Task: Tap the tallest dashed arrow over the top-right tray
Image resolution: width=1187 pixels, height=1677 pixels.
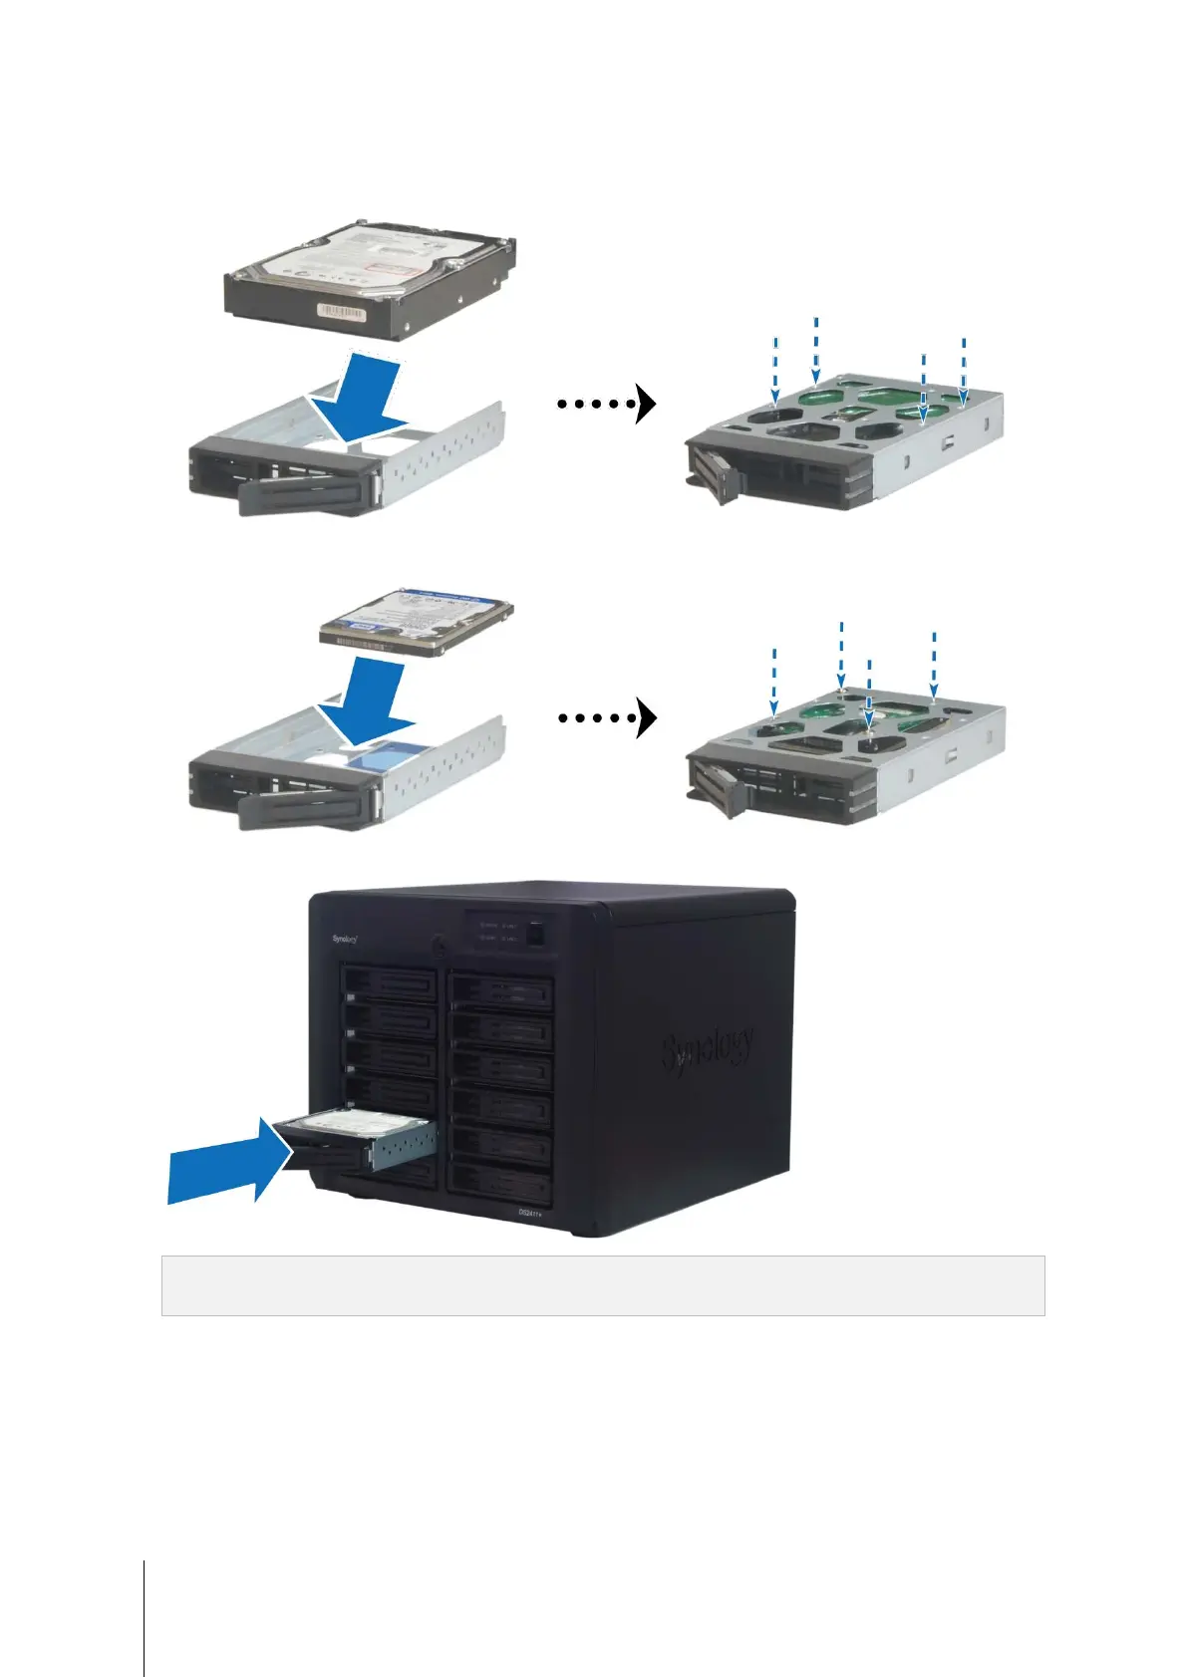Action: click(x=816, y=349)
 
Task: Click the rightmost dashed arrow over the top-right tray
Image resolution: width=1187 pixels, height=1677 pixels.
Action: click(x=964, y=371)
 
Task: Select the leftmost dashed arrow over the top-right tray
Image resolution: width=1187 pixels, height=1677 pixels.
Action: click(x=775, y=373)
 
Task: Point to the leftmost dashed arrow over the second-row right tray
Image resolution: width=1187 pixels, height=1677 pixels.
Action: click(x=774, y=683)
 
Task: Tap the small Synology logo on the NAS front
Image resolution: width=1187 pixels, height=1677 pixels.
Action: click(x=344, y=939)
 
